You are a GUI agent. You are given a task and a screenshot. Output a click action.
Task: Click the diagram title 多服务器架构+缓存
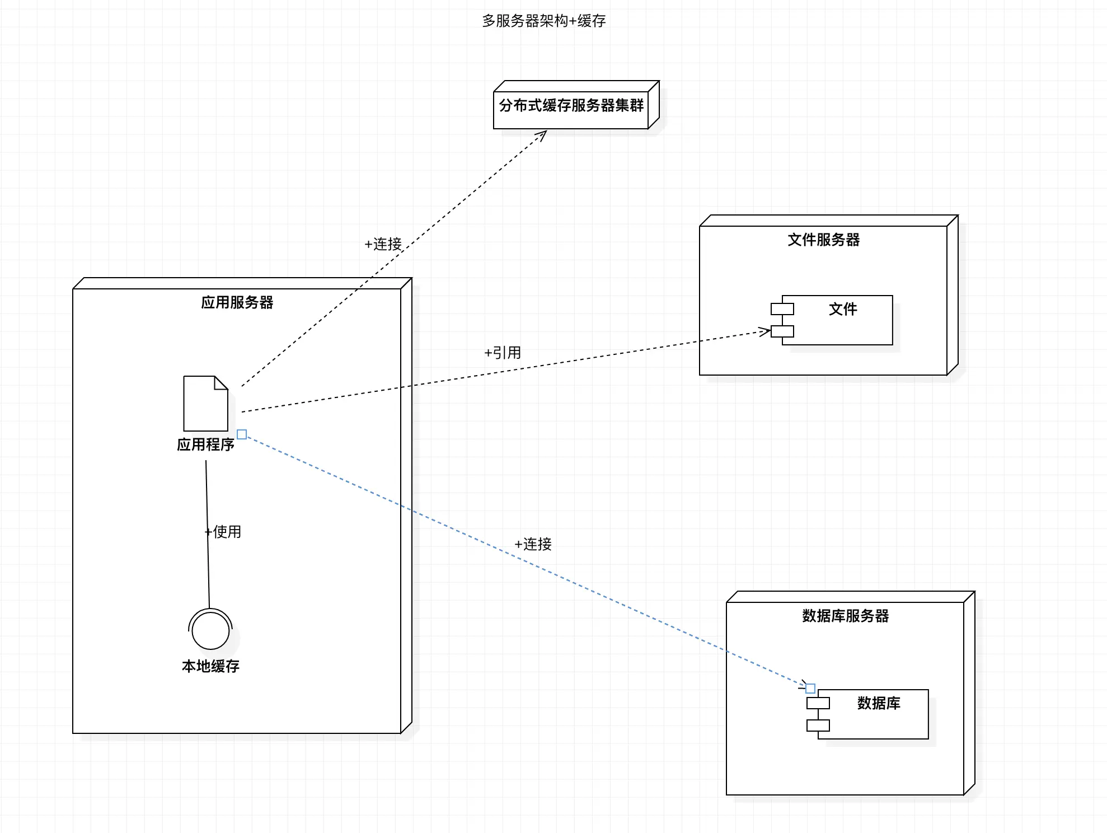coord(543,21)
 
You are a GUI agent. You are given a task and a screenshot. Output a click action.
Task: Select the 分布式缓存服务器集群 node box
coord(571,106)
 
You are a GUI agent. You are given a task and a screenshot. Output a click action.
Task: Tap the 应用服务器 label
coord(237,303)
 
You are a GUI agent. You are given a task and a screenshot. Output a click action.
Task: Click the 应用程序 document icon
coord(205,404)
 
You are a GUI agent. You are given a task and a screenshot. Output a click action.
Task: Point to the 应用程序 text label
coord(205,444)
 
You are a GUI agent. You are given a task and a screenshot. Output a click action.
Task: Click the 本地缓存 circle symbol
coord(210,630)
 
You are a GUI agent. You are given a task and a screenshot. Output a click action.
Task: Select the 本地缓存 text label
coord(210,666)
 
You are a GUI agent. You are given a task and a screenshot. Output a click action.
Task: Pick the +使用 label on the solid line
coord(223,532)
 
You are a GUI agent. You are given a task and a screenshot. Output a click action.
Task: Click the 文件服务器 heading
coord(823,240)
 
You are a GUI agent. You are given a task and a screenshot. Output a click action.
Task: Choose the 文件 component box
coord(842,321)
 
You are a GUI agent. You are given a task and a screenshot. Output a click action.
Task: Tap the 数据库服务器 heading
coord(845,616)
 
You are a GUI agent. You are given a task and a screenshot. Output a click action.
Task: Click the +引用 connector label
coord(503,353)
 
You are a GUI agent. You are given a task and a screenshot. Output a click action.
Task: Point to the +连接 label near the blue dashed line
coord(533,544)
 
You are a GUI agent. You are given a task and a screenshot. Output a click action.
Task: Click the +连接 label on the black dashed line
coord(383,244)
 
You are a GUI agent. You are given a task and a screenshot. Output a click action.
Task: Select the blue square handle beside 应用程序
coord(242,434)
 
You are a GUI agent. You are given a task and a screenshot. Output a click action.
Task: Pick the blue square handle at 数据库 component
coord(810,689)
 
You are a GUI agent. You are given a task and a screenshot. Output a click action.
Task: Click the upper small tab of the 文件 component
coord(782,308)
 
